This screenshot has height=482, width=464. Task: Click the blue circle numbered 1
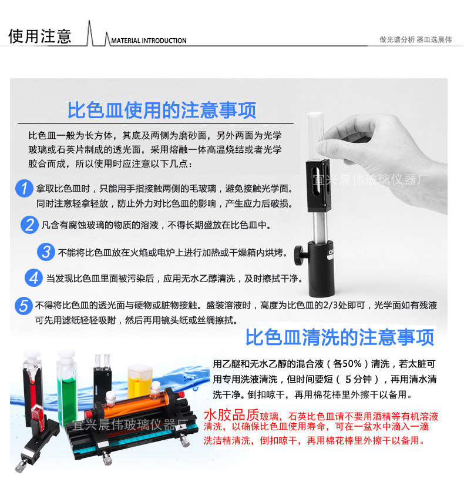(x=24, y=189)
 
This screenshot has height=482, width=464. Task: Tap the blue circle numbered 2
(x=29, y=225)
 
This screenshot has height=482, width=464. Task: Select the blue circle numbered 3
(x=46, y=252)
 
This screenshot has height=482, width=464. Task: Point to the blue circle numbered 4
(x=34, y=277)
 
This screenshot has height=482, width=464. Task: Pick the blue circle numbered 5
(x=23, y=306)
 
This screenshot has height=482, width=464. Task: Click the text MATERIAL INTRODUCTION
(x=149, y=41)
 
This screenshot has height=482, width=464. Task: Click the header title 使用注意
(x=40, y=36)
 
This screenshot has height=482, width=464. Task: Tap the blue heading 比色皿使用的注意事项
(x=162, y=110)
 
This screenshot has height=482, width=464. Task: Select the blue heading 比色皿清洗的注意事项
(x=340, y=337)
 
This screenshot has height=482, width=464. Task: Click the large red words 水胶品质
(x=232, y=415)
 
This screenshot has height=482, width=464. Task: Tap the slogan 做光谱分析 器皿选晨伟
(x=415, y=39)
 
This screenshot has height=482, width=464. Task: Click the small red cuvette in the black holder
(x=38, y=414)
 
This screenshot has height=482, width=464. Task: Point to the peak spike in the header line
(x=89, y=22)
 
